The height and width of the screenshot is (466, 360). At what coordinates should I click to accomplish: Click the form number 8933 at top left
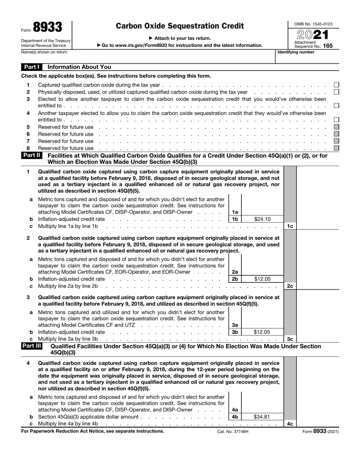pos(47,27)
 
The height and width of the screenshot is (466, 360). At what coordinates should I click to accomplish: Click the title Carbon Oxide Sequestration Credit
pos(180,26)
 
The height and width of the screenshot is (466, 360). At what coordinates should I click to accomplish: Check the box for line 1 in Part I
pos(336,85)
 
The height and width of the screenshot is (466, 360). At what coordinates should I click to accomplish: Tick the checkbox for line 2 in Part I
pos(336,92)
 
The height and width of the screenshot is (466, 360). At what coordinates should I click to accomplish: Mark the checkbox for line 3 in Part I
pos(336,105)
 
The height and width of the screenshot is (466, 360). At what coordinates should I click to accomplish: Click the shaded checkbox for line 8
pos(336,148)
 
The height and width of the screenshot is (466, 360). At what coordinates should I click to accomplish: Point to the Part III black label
pos(32,346)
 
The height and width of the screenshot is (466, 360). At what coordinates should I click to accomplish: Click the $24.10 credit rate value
pos(262,219)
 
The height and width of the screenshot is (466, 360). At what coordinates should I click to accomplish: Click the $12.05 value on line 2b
pos(262,279)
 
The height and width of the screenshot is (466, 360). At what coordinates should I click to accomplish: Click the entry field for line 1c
pos(318,226)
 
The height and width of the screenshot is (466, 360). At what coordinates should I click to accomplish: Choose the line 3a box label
pos(235,325)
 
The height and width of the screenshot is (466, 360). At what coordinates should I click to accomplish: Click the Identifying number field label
pos(296,52)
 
